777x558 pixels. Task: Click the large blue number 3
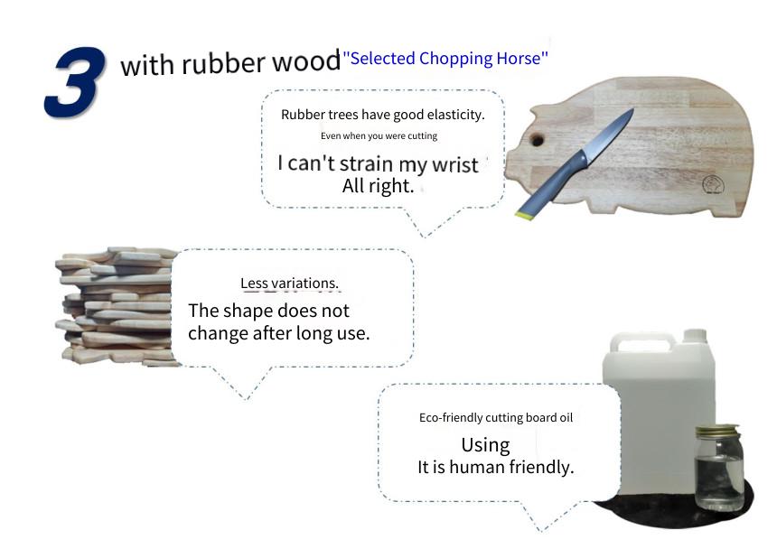pyautogui.click(x=75, y=82)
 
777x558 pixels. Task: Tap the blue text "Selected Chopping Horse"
pyautogui.click(x=445, y=59)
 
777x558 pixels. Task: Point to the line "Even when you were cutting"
pyautogui.click(x=379, y=135)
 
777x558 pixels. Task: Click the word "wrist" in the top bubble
pyautogui.click(x=454, y=165)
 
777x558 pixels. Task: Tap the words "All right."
pyautogui.click(x=378, y=186)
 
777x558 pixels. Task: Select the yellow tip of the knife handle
pyautogui.click(x=523, y=216)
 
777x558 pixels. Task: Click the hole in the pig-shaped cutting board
pyautogui.click(x=537, y=140)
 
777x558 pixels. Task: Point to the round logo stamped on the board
pyautogui.click(x=713, y=185)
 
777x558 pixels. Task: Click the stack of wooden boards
pyautogui.click(x=117, y=306)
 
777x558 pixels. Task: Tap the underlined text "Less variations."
pyautogui.click(x=289, y=284)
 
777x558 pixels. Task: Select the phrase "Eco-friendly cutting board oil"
pyautogui.click(x=495, y=417)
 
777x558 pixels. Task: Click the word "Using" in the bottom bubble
pyautogui.click(x=486, y=445)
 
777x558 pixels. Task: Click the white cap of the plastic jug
pyautogui.click(x=694, y=335)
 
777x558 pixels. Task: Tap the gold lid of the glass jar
pyautogui.click(x=717, y=431)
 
